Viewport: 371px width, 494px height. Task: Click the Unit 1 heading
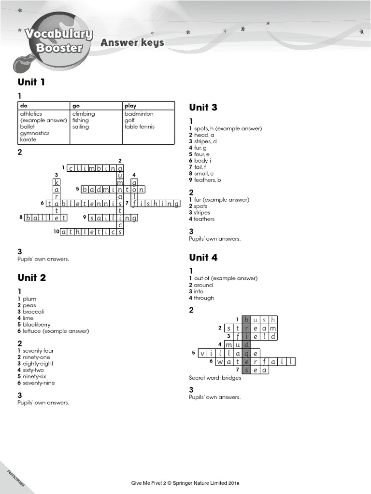pyautogui.click(x=31, y=82)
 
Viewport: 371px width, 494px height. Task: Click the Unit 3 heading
pyautogui.click(x=203, y=107)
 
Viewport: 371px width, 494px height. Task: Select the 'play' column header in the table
pyautogui.click(x=130, y=106)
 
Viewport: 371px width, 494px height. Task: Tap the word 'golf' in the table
pyautogui.click(x=130, y=120)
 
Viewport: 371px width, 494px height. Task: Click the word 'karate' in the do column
pyautogui.click(x=29, y=139)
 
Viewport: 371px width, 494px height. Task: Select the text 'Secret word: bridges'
pyautogui.click(x=215, y=378)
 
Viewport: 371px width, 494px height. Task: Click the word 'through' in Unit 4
pyautogui.click(x=204, y=298)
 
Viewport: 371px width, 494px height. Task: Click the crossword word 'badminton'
pyautogui.click(x=113, y=190)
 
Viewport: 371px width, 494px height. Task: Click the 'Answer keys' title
pyautogui.click(x=132, y=43)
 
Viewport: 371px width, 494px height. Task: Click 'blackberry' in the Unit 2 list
pyautogui.click(x=36, y=325)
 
